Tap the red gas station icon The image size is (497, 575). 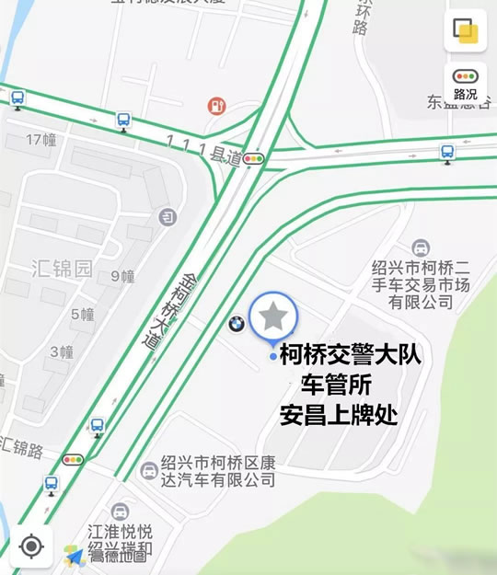216,107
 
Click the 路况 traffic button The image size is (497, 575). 465,84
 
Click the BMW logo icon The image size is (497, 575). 236,323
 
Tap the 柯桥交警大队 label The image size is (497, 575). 350,354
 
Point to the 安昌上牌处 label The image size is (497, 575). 338,415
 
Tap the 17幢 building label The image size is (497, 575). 41,140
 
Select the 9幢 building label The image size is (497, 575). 122,276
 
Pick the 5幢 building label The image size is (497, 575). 82,314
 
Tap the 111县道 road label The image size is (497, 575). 203,149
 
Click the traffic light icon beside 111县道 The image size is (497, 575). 253,159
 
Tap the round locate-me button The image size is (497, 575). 31,546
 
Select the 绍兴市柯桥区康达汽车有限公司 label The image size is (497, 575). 215,471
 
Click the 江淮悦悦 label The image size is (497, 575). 120,532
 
